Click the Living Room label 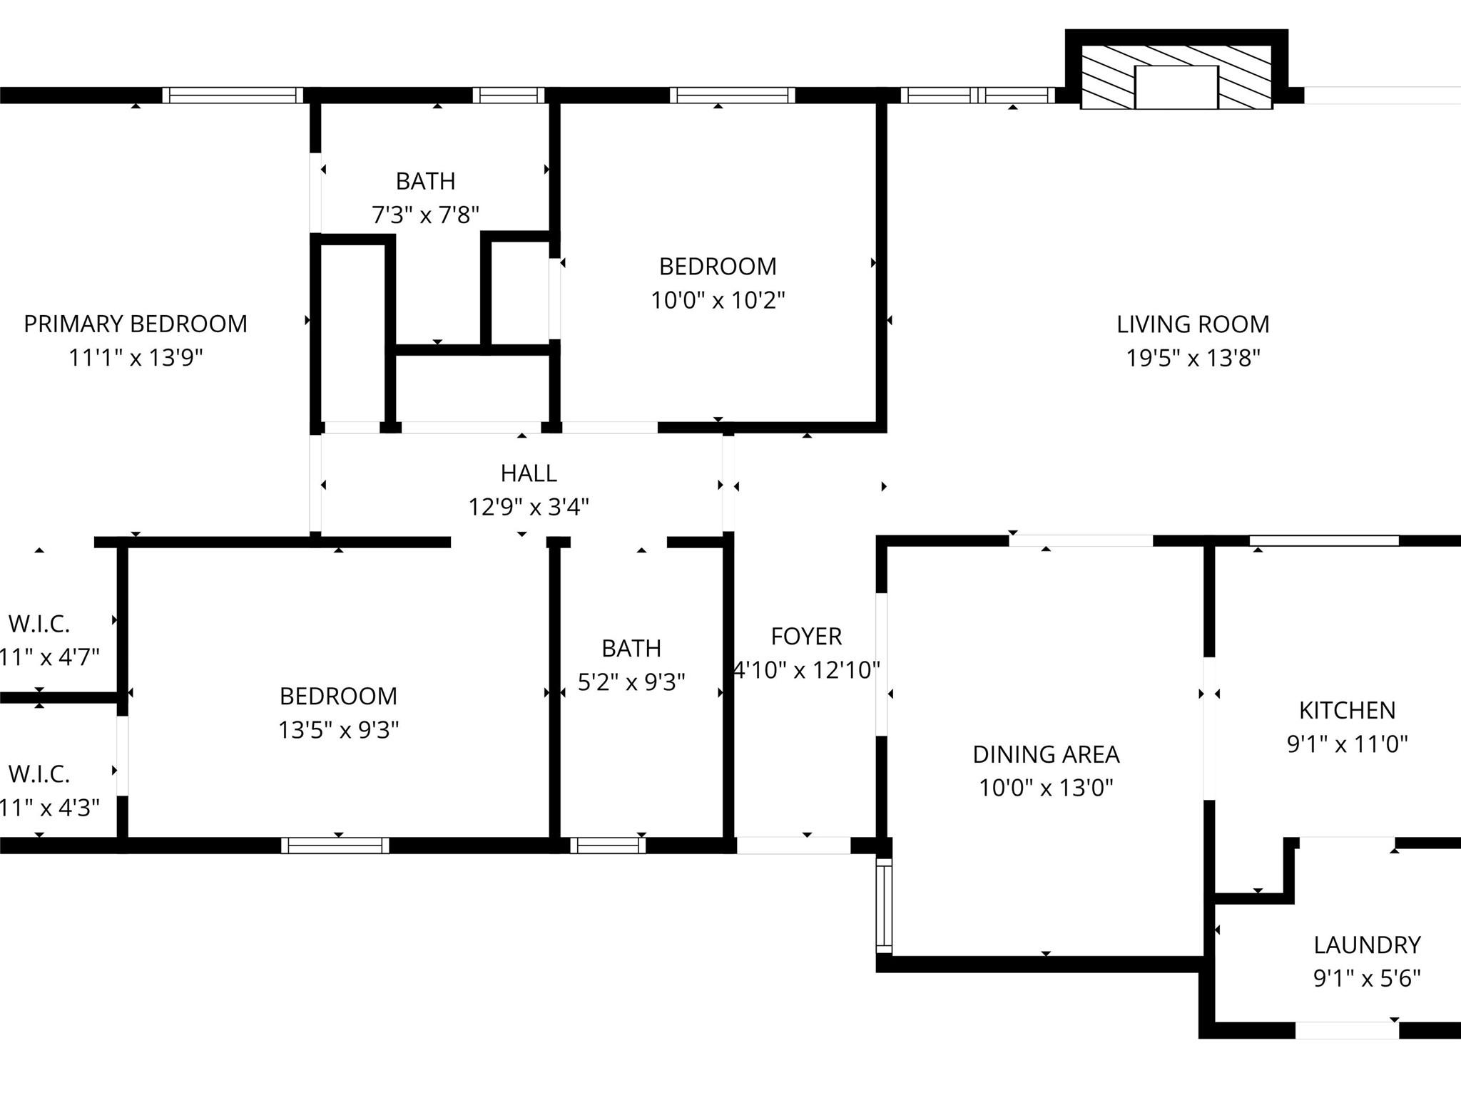click(1193, 324)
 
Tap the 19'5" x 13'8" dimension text click(1193, 358)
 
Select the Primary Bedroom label click(136, 324)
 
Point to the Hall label click(529, 473)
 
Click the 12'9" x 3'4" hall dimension click(529, 507)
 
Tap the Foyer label click(806, 636)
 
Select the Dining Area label click(1046, 754)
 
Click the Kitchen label click(1347, 710)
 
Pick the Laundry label click(1367, 945)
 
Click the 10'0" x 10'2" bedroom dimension click(718, 300)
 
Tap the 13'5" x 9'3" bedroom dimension click(338, 730)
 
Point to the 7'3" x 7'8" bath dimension click(425, 215)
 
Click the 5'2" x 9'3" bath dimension click(631, 682)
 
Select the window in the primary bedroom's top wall click(233, 96)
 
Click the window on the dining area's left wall click(884, 905)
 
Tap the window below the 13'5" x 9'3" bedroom click(335, 845)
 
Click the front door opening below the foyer click(793, 845)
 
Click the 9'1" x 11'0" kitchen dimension click(1347, 744)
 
